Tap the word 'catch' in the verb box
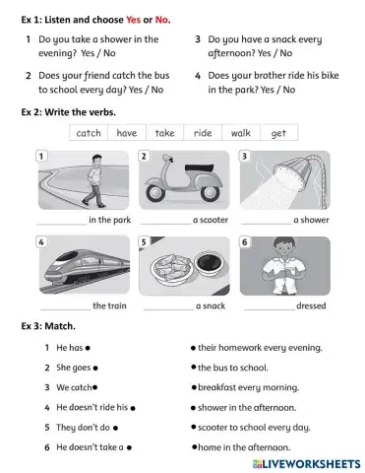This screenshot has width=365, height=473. click(x=89, y=133)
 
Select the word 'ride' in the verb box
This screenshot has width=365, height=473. click(x=203, y=133)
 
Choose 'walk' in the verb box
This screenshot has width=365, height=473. click(x=241, y=133)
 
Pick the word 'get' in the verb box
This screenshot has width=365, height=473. click(x=278, y=133)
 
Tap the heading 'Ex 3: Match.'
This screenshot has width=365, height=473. click(x=48, y=326)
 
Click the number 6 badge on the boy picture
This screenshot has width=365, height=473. click(x=245, y=241)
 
